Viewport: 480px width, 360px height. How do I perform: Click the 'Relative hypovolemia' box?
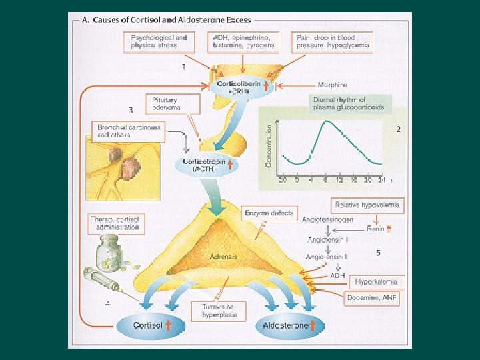pos(367,205)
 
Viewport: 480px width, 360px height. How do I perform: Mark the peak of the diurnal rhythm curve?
pos(325,121)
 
